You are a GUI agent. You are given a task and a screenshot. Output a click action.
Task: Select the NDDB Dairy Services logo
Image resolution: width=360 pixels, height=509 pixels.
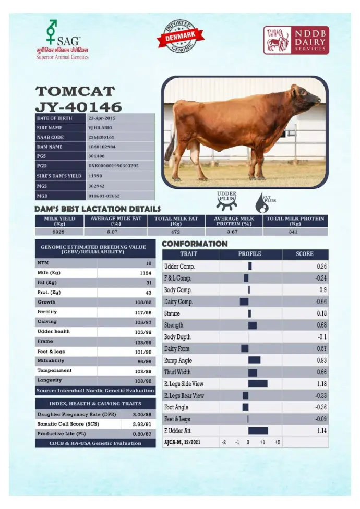pyautogui.click(x=296, y=41)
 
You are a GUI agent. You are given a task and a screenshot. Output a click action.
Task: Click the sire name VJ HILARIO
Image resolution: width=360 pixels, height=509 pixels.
pyautogui.click(x=100, y=128)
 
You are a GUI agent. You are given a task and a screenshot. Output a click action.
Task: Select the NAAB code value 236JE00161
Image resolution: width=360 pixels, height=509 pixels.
pyautogui.click(x=102, y=137)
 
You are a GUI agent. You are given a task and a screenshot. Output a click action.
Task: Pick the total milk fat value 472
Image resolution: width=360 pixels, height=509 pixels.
pyautogui.click(x=176, y=232)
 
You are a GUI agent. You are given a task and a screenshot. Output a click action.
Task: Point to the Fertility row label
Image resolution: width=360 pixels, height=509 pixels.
pyautogui.click(x=47, y=312)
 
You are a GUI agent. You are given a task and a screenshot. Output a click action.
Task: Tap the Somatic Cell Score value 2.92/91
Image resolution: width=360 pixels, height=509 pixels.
pyautogui.click(x=140, y=423)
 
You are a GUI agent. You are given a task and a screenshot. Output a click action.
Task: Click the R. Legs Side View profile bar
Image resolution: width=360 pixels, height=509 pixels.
pyautogui.click(x=257, y=384)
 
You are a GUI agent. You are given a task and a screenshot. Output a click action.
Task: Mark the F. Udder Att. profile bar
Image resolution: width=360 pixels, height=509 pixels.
pyautogui.click(x=258, y=431)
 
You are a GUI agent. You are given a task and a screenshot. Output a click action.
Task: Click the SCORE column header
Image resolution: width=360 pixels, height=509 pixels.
pyautogui.click(x=305, y=254)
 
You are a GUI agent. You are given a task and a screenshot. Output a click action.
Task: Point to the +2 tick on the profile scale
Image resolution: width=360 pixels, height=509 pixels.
pyautogui.click(x=277, y=442)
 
